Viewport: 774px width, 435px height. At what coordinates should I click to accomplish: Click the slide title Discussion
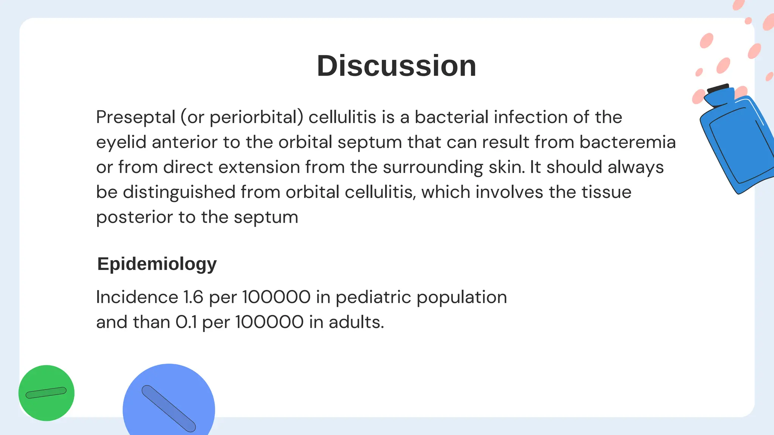pos(396,66)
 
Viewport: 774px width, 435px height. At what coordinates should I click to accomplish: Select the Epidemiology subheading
pos(157,264)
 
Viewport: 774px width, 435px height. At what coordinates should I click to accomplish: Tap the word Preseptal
pos(136,117)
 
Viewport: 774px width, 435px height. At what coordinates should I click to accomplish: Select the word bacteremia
pos(627,142)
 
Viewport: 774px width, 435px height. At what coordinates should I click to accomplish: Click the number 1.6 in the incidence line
pos(193,297)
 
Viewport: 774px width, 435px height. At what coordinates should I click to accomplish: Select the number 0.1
pos(186,322)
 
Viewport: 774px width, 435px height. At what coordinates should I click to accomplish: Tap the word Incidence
pos(137,297)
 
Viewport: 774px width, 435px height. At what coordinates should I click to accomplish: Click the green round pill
pos(46,393)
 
